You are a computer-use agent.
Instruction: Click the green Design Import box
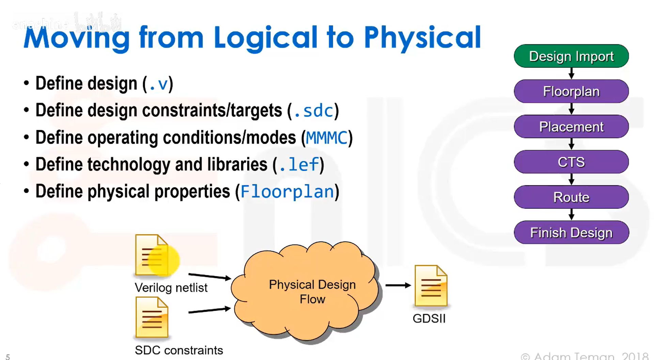point(571,56)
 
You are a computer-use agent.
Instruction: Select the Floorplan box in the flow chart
point(571,91)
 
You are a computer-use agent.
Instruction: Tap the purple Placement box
point(571,127)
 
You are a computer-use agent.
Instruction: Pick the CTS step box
point(571,162)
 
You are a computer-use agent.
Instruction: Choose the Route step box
point(571,197)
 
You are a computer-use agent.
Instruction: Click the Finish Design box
point(571,233)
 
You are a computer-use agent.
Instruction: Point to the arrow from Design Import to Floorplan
point(571,73)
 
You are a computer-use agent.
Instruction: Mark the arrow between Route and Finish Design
point(571,215)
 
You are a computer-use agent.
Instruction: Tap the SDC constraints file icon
point(152,317)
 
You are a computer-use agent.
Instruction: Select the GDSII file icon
point(431,286)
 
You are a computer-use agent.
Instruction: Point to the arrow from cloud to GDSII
point(398,285)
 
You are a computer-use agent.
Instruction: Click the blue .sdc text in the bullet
point(313,111)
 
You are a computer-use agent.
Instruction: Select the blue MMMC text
point(326,138)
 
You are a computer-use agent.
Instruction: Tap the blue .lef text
point(299,165)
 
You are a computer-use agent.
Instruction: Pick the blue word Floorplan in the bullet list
point(287,191)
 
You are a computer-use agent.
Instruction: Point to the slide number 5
point(8,357)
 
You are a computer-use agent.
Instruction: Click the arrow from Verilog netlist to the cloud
point(209,276)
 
